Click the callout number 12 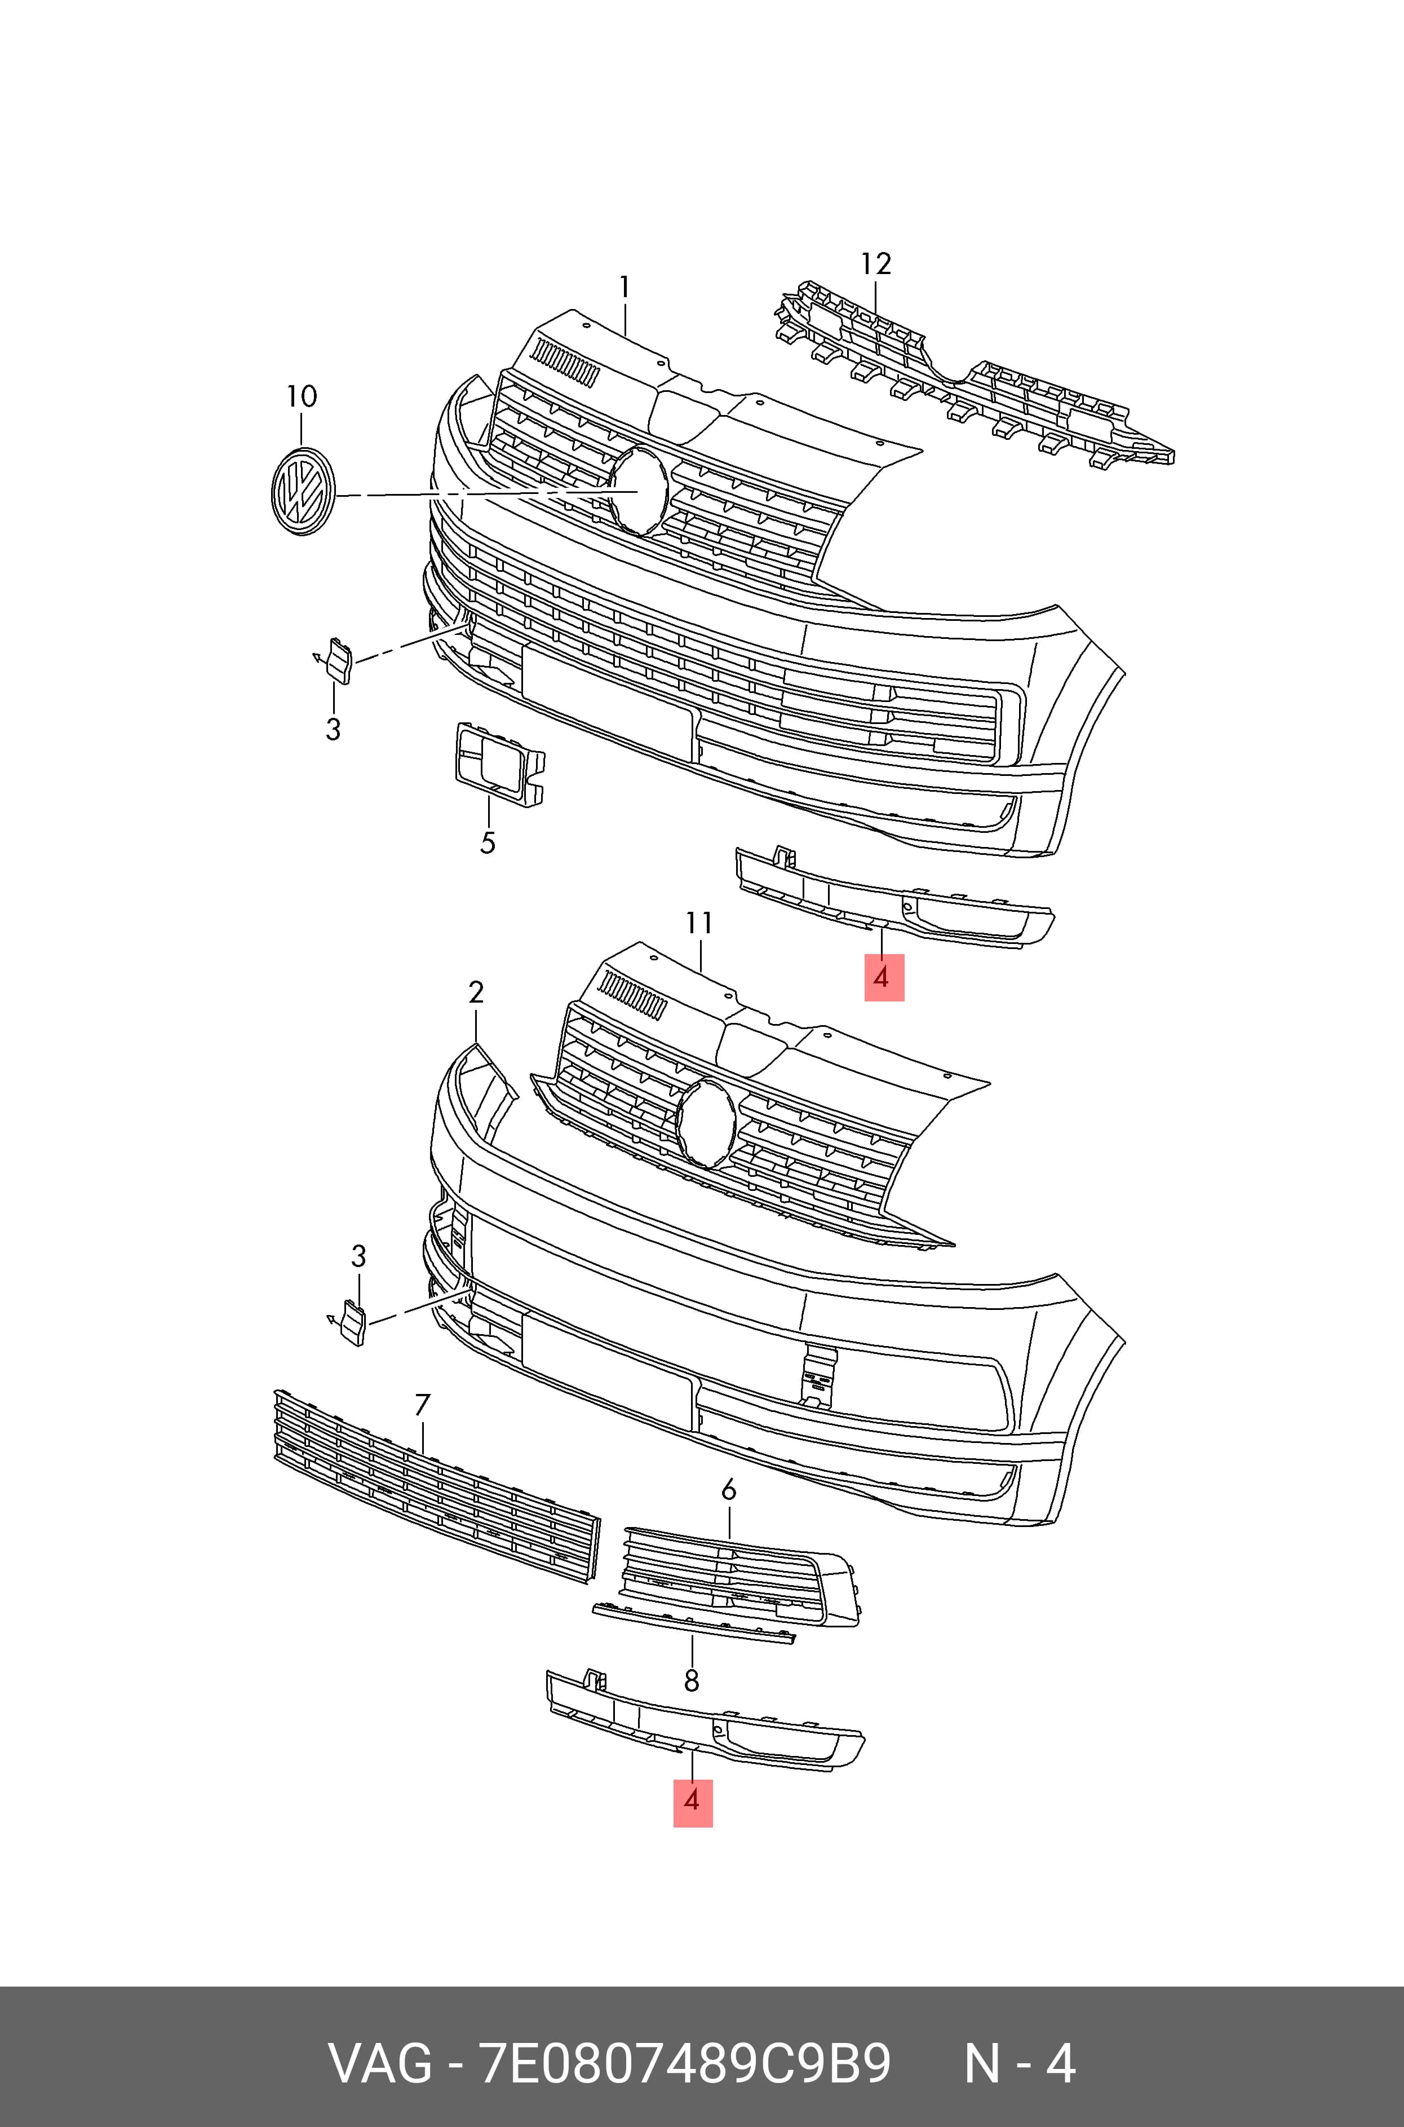click(x=876, y=264)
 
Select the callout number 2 click(x=476, y=992)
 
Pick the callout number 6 click(x=729, y=1490)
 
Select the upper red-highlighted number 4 click(x=884, y=977)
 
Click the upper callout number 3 click(x=333, y=730)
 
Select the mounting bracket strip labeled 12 click(x=974, y=376)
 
